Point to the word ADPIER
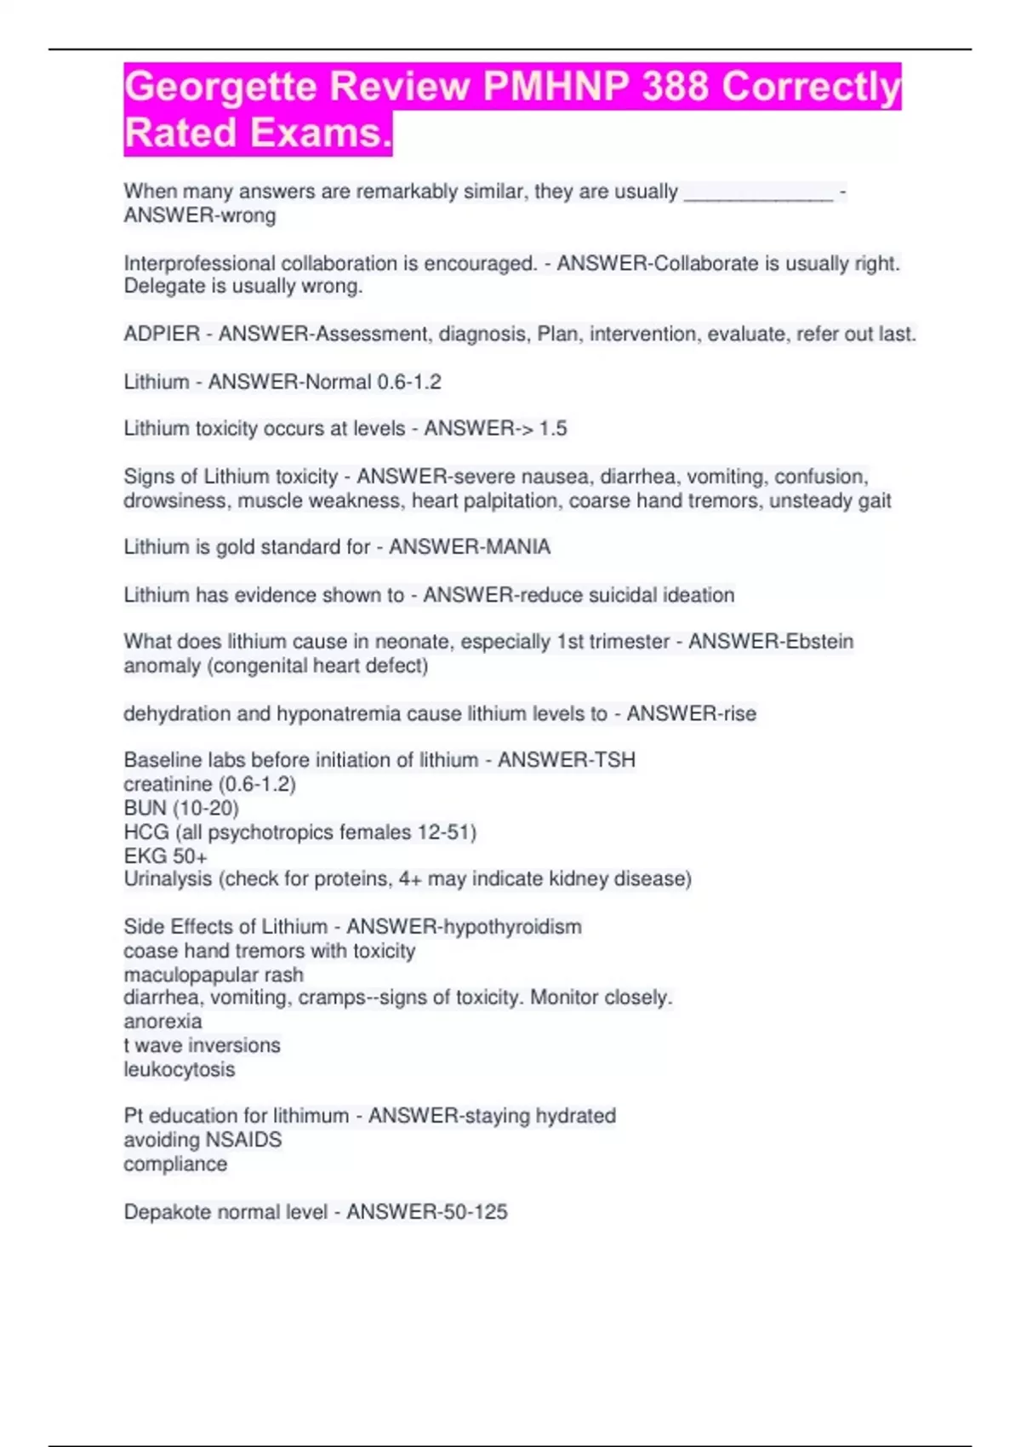(x=162, y=335)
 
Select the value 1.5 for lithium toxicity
(x=552, y=428)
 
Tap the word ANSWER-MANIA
(x=470, y=546)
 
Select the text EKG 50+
(x=165, y=855)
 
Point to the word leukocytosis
(x=179, y=1069)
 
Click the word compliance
(x=175, y=1164)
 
